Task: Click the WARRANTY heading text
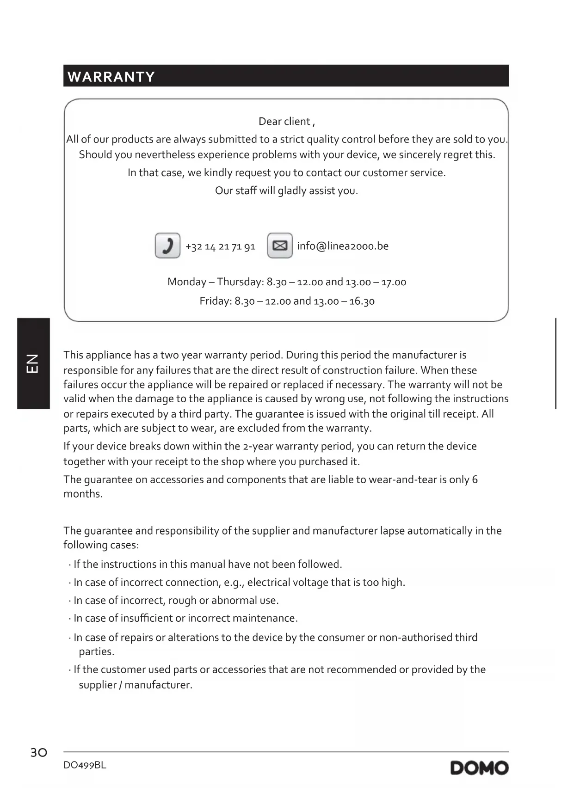(111, 77)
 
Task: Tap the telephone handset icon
(167, 246)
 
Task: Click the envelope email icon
(280, 246)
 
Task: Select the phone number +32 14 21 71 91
(220, 246)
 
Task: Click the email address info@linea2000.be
(343, 246)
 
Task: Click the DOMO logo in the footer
(479, 768)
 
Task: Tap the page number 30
(39, 753)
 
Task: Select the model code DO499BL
(85, 765)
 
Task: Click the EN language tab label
(33, 363)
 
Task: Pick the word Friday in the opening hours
(215, 301)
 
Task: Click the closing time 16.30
(362, 301)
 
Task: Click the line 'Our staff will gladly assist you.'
(286, 191)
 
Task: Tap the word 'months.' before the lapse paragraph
(83, 494)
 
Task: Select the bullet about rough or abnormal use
(176, 601)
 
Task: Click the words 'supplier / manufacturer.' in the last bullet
(135, 685)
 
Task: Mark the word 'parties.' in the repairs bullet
(96, 652)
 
